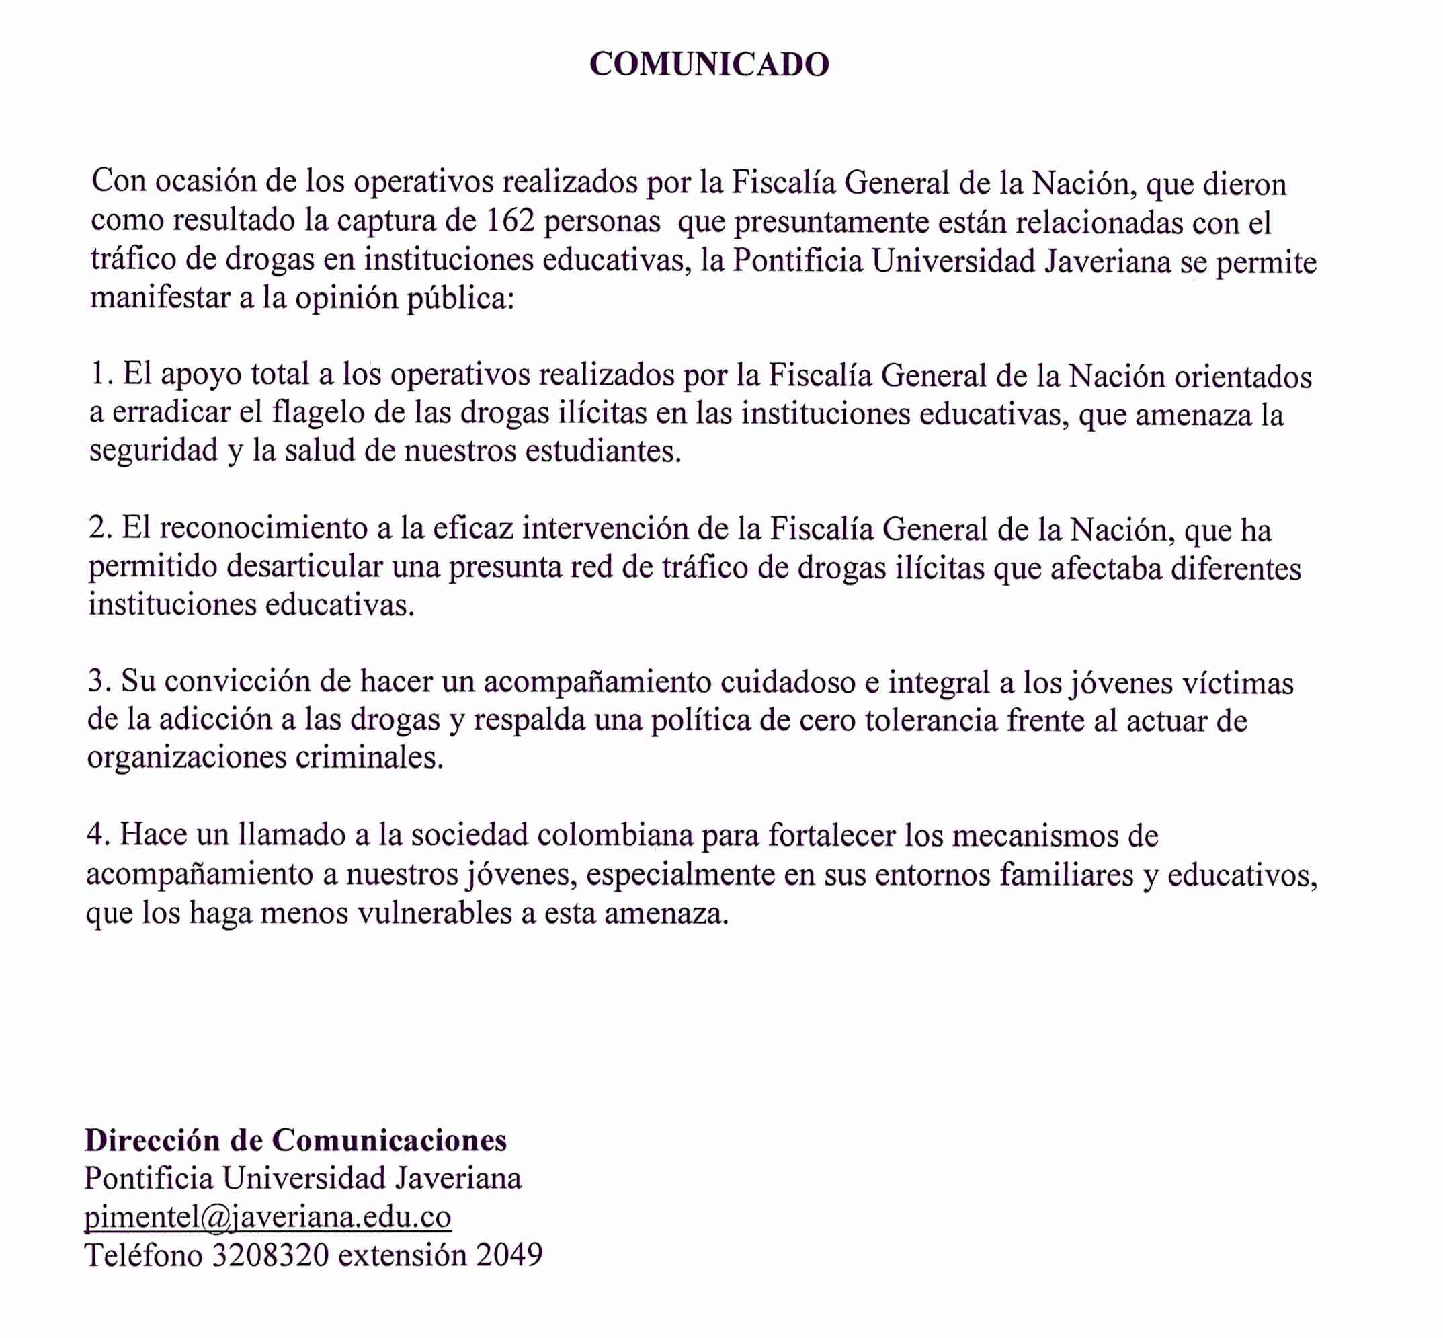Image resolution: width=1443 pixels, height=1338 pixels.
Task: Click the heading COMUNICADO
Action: [x=709, y=65]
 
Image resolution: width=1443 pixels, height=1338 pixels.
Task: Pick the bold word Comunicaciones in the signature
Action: [x=389, y=1140]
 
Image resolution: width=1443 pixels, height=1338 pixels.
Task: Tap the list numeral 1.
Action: [x=98, y=375]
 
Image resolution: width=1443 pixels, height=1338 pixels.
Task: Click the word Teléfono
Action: [x=144, y=1255]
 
